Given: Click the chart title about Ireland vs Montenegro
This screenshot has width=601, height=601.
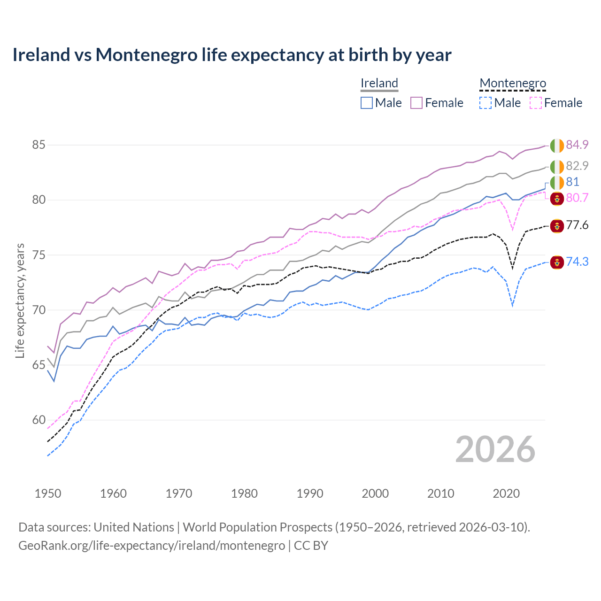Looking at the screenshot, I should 231,55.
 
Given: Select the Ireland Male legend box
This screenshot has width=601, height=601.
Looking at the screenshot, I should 367,103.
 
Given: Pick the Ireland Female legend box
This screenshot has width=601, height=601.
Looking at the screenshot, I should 416,103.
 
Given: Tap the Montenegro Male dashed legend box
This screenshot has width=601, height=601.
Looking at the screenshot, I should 485,103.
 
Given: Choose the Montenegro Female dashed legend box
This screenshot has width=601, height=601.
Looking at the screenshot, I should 536,103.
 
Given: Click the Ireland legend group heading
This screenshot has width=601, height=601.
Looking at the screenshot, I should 379,83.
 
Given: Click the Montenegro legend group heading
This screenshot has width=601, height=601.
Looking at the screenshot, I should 513,83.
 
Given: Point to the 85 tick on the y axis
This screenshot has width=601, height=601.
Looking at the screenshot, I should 39,145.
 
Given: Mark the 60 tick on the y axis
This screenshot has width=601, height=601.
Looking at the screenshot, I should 39,420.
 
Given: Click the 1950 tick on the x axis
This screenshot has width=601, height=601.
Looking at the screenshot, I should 48,493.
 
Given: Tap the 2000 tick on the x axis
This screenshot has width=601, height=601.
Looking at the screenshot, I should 375,493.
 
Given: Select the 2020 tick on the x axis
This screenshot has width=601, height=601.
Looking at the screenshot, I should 506,493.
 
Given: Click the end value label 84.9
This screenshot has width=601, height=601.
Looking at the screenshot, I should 577,145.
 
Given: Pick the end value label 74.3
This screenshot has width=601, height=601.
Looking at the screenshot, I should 577,262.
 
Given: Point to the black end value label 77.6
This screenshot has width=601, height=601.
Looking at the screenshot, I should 577,225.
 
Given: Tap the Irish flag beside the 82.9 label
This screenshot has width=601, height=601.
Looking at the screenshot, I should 557,167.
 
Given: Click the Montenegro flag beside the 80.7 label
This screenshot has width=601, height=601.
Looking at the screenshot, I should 557,198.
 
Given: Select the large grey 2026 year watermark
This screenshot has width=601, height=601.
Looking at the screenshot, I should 495,449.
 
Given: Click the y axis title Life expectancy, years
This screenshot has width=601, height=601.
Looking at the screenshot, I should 20,300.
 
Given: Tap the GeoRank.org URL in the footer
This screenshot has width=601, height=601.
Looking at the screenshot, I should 151,546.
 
